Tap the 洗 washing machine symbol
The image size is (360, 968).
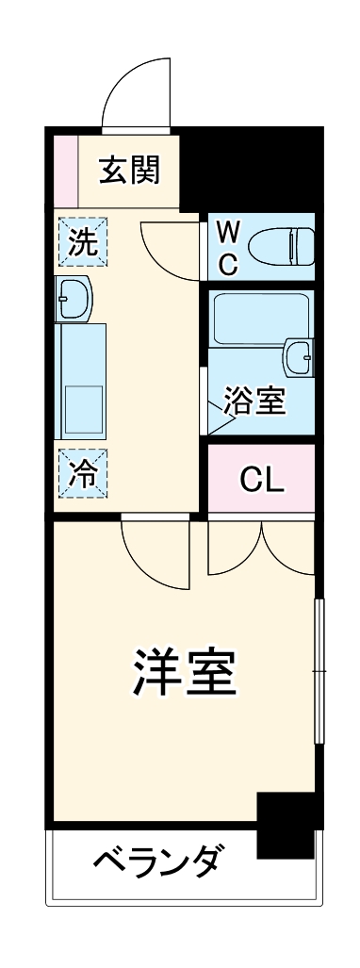[x=84, y=243]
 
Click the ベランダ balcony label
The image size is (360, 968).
[x=159, y=861]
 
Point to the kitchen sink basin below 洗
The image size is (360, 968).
[x=74, y=300]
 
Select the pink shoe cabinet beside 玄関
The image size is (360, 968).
[x=65, y=171]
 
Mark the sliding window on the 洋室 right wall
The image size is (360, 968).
[x=319, y=670]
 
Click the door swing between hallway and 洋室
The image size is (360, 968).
[x=155, y=552]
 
